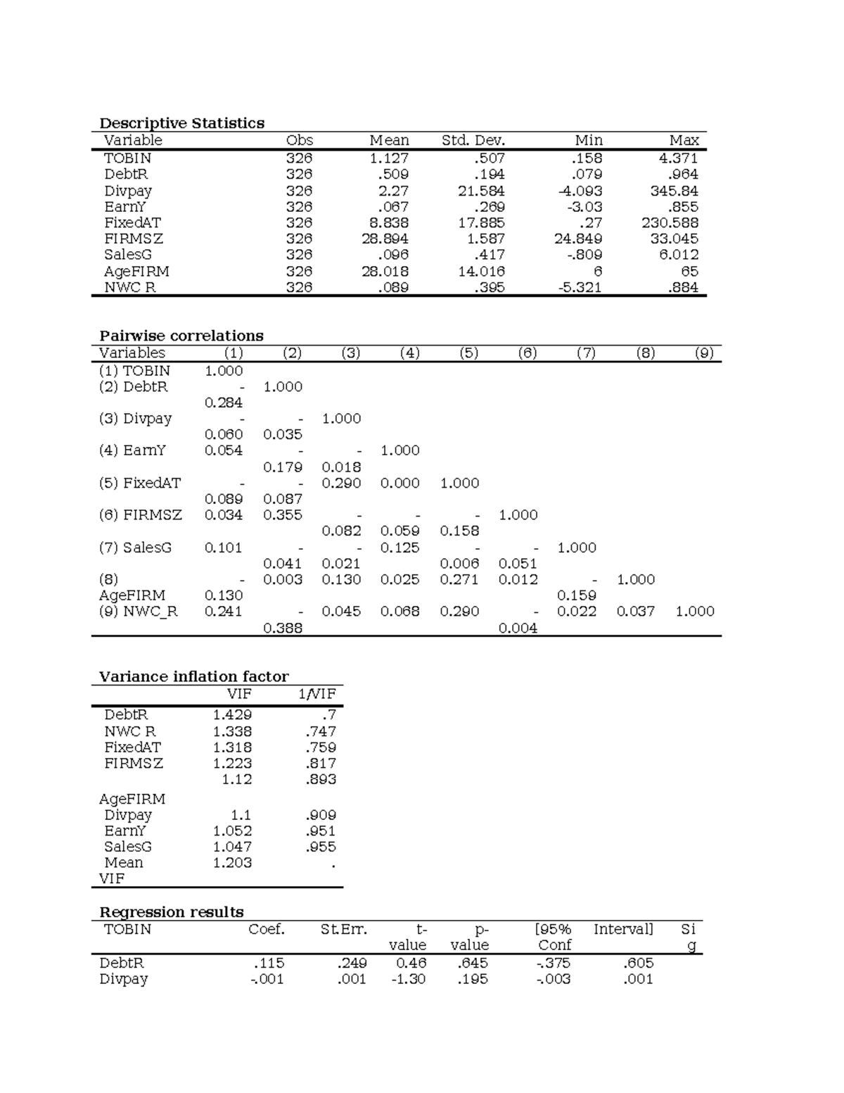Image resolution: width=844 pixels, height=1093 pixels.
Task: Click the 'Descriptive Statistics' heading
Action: [181, 123]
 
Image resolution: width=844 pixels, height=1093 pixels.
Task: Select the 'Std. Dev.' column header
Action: [473, 140]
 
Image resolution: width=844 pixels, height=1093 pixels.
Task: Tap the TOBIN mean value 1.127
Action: [389, 158]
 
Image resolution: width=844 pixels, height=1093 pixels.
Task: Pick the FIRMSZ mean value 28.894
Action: [385, 239]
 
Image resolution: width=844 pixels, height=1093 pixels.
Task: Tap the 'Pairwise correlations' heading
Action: [181, 336]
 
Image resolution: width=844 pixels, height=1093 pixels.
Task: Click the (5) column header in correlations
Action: [468, 353]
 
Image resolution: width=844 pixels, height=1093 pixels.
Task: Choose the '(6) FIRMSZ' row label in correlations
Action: [140, 515]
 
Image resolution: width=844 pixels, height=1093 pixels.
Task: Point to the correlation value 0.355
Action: [282, 515]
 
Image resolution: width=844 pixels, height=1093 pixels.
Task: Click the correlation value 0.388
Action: [282, 628]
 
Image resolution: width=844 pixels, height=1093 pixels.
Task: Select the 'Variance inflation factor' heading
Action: [193, 676]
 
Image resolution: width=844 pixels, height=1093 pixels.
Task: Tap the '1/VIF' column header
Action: [316, 694]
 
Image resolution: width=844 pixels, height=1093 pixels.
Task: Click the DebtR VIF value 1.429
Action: [232, 715]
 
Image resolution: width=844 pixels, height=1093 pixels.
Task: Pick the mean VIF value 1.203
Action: [232, 863]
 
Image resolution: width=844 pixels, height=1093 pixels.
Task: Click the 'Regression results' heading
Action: [171, 912]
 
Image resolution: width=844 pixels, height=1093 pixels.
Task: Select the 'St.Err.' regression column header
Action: [343, 930]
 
